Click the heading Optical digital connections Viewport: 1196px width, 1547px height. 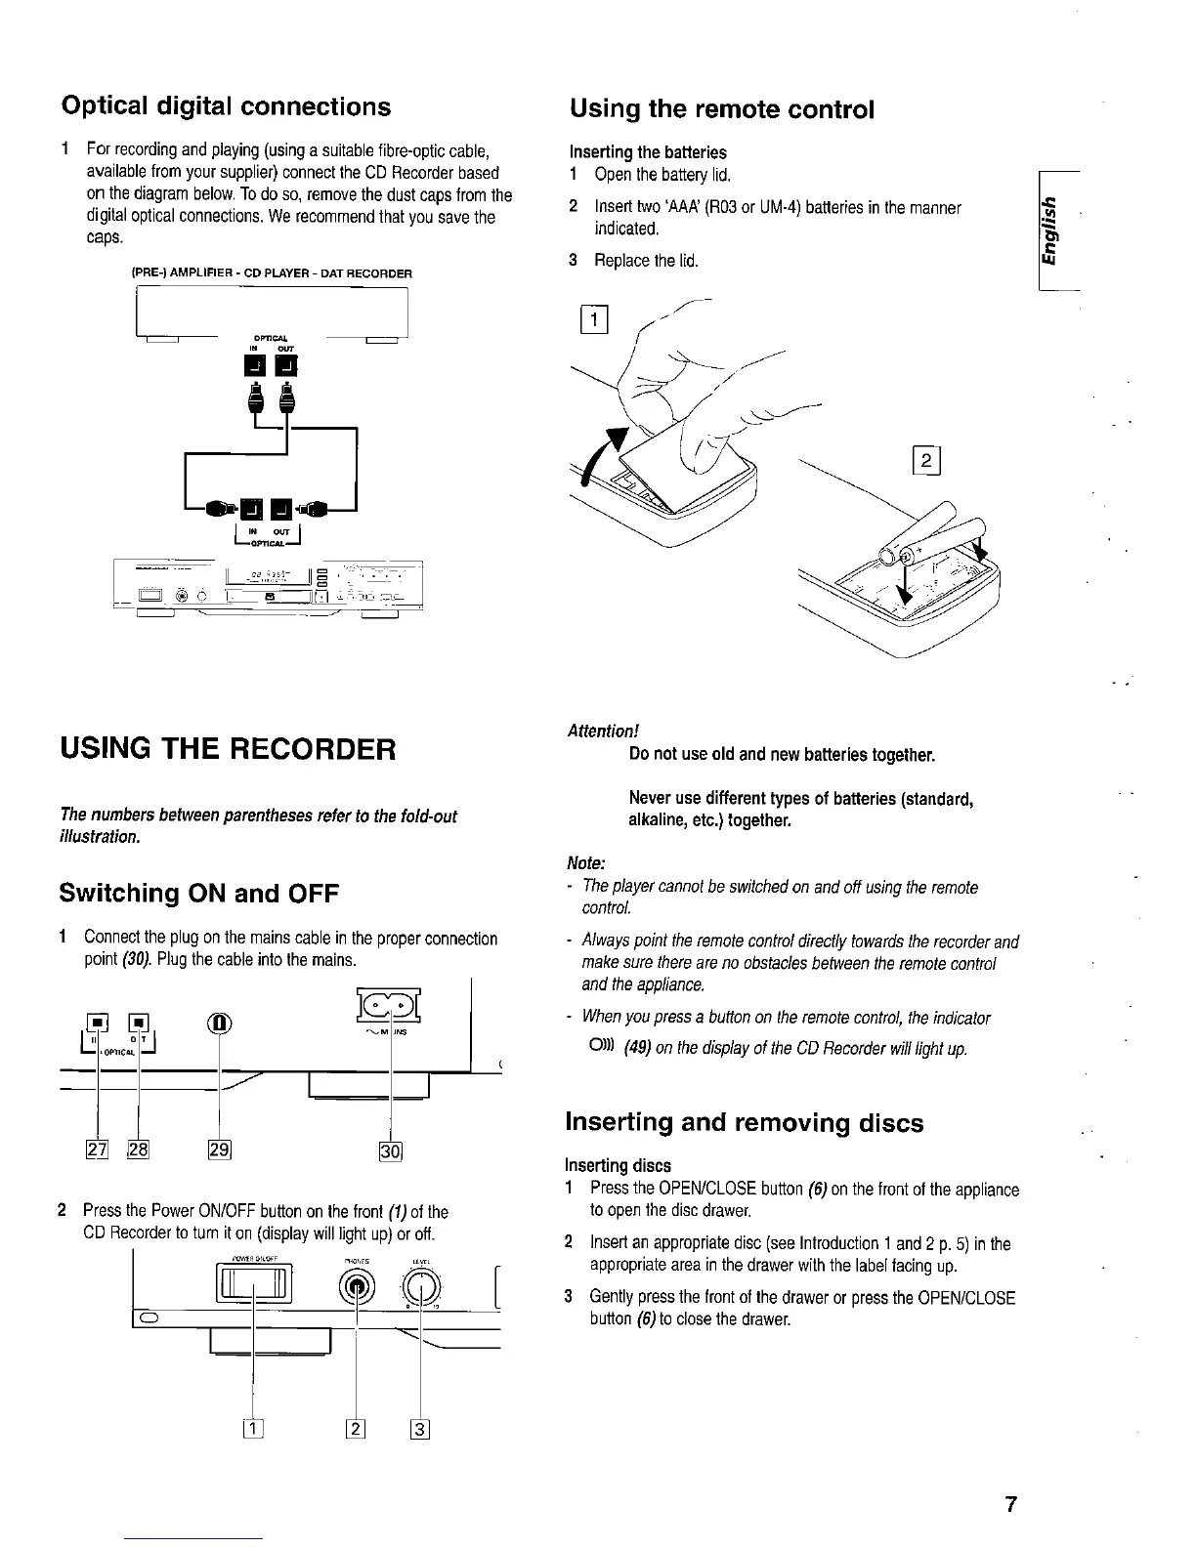pyautogui.click(x=226, y=105)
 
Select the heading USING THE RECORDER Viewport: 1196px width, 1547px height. pyautogui.click(x=229, y=750)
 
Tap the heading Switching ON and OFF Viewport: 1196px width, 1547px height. pyautogui.click(x=199, y=893)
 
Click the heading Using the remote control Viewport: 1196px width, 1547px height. pyautogui.click(x=721, y=108)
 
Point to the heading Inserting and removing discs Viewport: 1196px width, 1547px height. pyautogui.click(x=745, y=1122)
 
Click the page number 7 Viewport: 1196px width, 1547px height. pyautogui.click(x=1011, y=1504)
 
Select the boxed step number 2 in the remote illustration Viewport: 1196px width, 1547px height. pyautogui.click(x=924, y=460)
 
